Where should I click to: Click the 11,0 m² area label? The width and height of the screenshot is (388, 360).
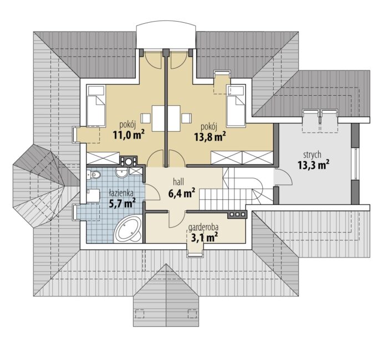click(129, 135)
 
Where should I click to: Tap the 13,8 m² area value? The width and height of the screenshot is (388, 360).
click(210, 136)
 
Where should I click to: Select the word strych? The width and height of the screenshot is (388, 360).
click(313, 155)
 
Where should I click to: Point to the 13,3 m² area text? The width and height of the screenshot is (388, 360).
click(313, 165)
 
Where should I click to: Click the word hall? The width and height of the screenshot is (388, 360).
click(178, 182)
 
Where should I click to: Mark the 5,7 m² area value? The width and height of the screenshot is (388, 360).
click(122, 203)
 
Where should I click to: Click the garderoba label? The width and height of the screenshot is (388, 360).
click(203, 227)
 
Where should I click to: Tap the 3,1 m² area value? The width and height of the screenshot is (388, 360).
click(205, 238)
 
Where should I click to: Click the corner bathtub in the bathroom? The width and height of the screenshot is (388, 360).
click(129, 229)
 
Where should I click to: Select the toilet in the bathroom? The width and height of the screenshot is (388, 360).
click(94, 175)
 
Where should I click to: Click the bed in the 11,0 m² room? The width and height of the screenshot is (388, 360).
click(96, 106)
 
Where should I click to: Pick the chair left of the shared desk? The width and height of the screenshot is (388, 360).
click(146, 118)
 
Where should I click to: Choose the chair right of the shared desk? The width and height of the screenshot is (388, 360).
click(186, 118)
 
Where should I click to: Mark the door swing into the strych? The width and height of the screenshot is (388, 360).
click(284, 176)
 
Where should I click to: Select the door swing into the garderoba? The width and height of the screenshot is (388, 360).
click(177, 219)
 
